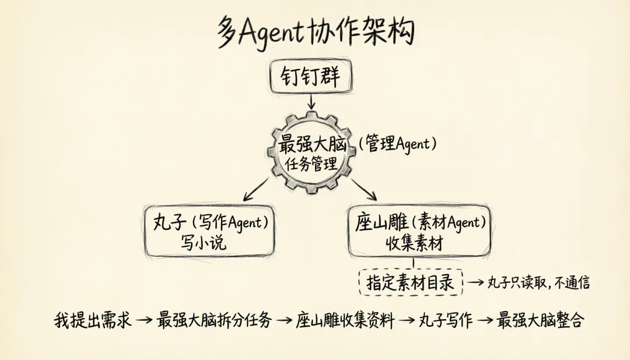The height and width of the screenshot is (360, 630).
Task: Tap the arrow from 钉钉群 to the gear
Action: pos(311,102)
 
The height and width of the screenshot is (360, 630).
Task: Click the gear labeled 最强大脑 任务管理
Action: pos(311,152)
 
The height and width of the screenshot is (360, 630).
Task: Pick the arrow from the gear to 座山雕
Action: pos(365,190)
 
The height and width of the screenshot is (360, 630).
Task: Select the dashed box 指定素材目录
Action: pos(410,283)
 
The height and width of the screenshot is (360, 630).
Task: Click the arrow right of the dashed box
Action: pos(478,283)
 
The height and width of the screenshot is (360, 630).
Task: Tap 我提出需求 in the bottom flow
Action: pos(93,320)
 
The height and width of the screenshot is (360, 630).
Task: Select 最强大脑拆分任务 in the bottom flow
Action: pos(215,320)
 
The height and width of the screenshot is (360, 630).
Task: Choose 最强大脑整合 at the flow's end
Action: pos(540,320)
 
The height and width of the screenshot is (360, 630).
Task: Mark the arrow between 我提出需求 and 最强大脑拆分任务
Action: pos(144,321)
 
